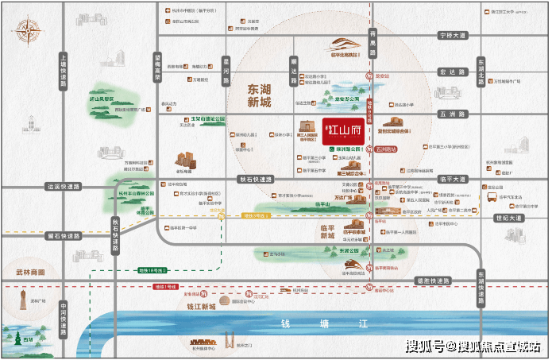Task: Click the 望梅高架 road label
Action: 158,67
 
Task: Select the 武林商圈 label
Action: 30,272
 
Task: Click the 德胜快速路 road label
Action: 432,281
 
